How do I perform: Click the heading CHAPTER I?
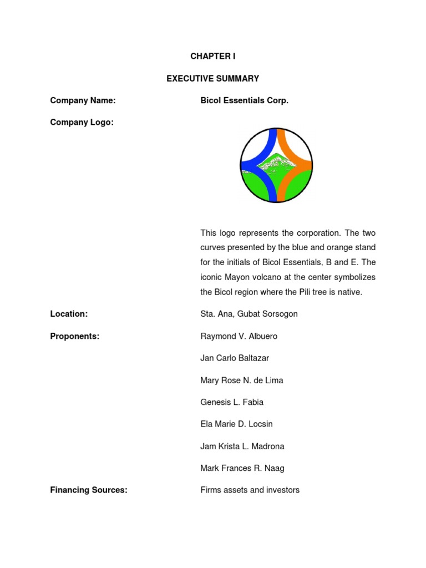coord(213,57)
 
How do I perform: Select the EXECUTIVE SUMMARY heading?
coord(213,79)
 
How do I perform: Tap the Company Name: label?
coord(83,100)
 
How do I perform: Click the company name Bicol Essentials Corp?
coord(244,100)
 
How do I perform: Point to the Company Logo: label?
coord(82,123)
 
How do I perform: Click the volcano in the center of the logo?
coord(276,163)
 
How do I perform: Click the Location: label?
coord(69,314)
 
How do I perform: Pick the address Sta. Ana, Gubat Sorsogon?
coord(249,314)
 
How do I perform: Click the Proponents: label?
coord(75,336)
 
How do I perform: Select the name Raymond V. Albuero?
coord(239,336)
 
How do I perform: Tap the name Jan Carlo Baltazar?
coord(235,358)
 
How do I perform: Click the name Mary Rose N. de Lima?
coord(242,381)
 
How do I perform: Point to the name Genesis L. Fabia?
coord(232,402)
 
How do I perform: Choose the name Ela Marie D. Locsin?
coord(236,424)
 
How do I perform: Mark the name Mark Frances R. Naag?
coord(242,468)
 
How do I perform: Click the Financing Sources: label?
coord(89,490)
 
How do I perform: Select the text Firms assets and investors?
coord(250,490)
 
